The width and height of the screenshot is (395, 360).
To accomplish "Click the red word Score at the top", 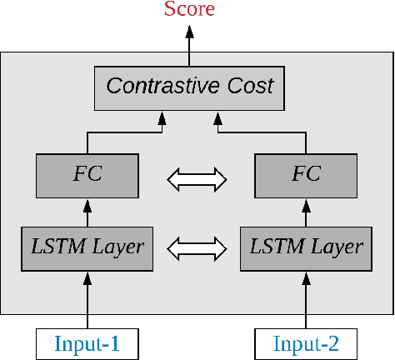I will tap(189, 10).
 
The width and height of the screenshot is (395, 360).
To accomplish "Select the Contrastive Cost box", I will tap(189, 86).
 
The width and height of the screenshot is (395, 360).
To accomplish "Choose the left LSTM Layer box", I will tap(87, 247).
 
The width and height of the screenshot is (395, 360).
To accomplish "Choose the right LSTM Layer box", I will tap(307, 247).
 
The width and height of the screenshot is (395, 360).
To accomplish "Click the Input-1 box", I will tap(87, 342).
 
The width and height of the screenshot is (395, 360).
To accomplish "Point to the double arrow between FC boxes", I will tap(197, 177).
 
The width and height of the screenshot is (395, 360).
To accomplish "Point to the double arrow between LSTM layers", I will tap(197, 247).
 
